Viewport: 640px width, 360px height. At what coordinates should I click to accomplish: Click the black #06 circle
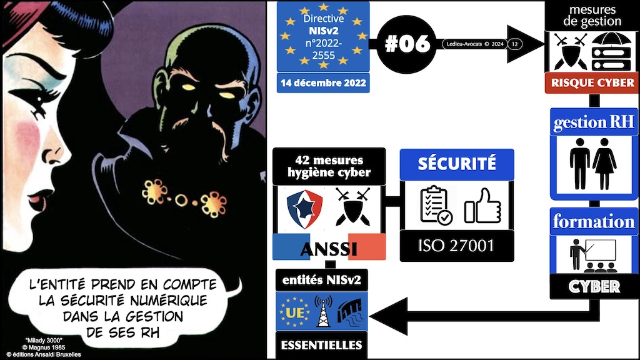[x=406, y=44]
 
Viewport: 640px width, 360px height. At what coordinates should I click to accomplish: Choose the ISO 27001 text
[x=456, y=246]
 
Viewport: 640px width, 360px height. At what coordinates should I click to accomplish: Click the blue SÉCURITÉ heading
[x=456, y=163]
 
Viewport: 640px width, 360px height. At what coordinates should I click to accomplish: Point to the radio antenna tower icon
[x=322, y=309]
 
